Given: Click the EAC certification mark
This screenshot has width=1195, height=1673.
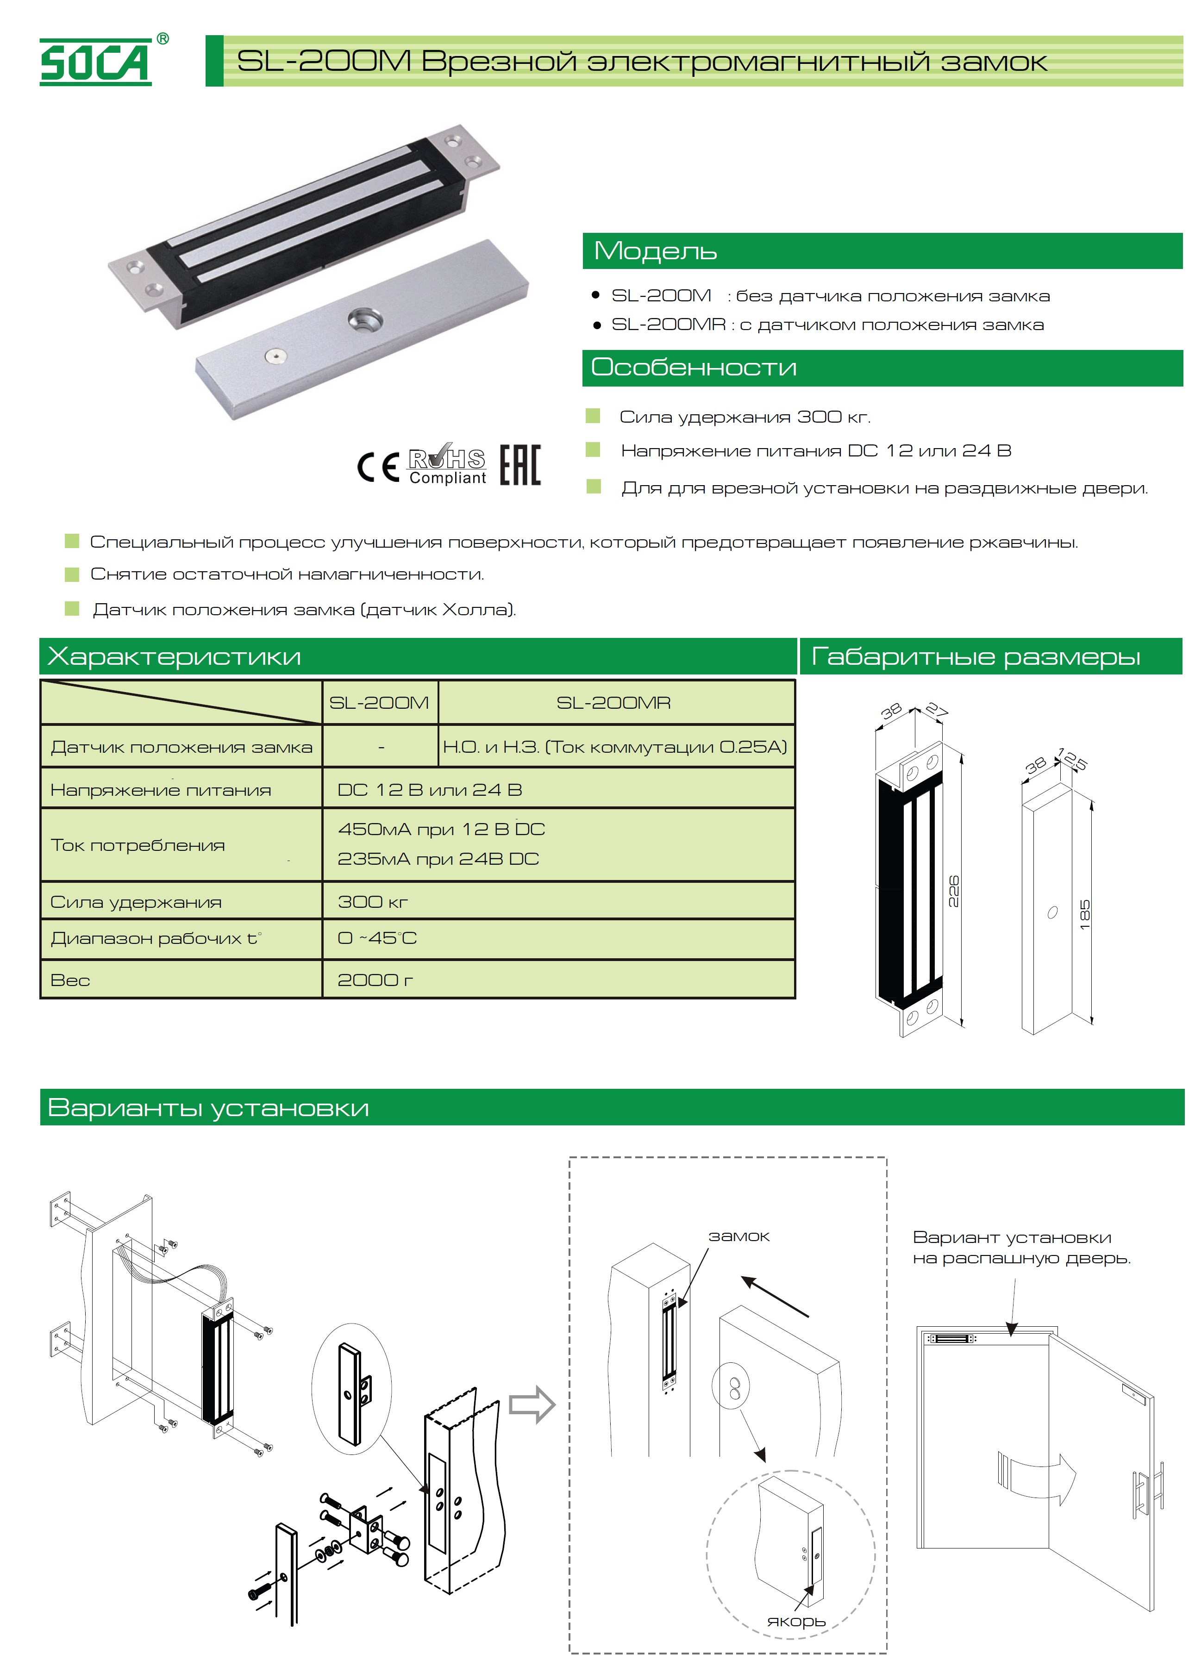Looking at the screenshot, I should tap(520, 465).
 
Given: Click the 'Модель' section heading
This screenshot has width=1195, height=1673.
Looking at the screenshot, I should tap(655, 251).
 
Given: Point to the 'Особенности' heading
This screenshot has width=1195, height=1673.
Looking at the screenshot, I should tap(693, 367).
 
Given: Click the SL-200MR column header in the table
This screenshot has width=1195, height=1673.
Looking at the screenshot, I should tap(613, 703).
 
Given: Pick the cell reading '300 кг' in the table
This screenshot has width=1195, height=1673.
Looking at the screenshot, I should tap(372, 901).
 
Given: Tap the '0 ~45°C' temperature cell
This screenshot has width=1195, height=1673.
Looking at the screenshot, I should tap(377, 938).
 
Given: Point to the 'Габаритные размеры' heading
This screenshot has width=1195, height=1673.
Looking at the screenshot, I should tap(975, 656).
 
